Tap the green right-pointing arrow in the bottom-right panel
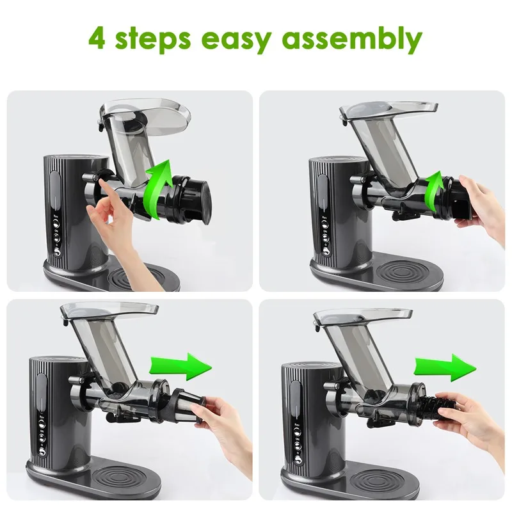(x=444, y=367)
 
